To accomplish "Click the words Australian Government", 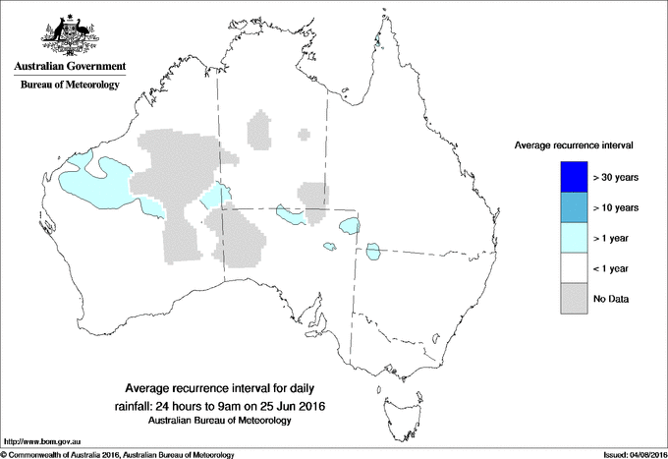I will pyautogui.click(x=69, y=67).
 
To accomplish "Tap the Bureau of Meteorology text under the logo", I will pyautogui.click(x=69, y=86).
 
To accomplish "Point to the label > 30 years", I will pyautogui.click(x=617, y=177).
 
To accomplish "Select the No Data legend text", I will pyautogui.click(x=611, y=299).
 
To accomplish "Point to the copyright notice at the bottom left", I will pyautogui.click(x=118, y=454).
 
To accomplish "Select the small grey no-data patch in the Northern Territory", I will pyautogui.click(x=259, y=130).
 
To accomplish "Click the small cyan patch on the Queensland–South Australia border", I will pyautogui.click(x=373, y=252).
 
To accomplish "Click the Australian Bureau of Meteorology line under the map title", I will pyautogui.click(x=221, y=421).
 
